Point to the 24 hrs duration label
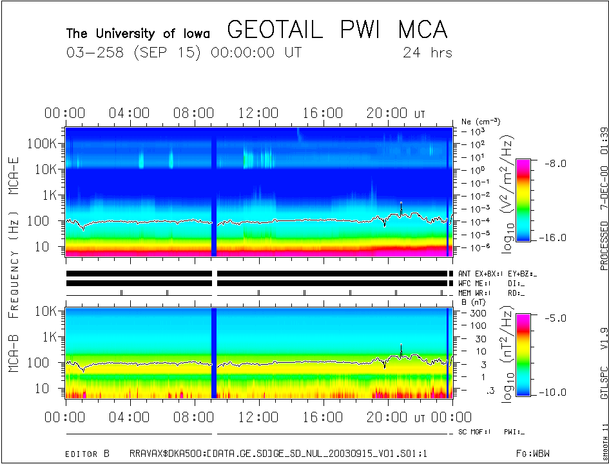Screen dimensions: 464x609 point(427,53)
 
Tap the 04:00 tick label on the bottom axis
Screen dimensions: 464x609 point(130,418)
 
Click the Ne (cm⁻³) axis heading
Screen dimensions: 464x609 point(481,121)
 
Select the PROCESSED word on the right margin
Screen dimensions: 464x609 point(604,246)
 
